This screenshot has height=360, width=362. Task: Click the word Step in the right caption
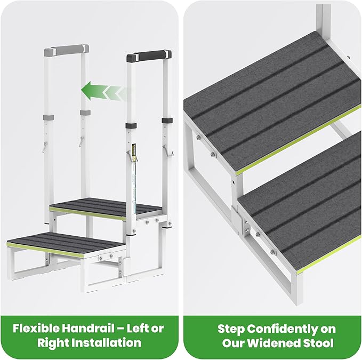tap(231, 328)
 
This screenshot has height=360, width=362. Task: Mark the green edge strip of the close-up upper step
tap(299, 139)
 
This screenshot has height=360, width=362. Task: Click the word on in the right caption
tap(326, 328)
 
